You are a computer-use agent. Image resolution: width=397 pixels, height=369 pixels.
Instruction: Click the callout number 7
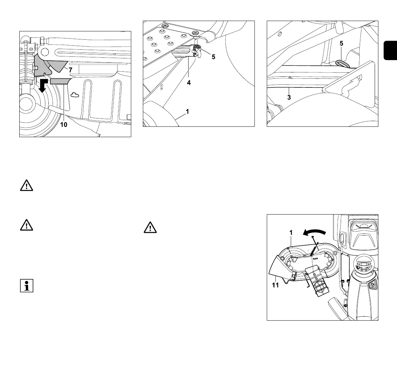(70, 70)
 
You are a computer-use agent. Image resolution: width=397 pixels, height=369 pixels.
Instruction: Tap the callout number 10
(64, 124)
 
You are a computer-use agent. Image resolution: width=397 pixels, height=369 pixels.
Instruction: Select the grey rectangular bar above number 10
(59, 81)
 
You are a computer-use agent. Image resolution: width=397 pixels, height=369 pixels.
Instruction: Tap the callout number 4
(189, 82)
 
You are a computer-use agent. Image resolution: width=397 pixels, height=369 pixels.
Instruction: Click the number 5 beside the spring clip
(213, 57)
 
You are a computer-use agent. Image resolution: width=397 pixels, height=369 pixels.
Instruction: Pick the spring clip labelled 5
(197, 50)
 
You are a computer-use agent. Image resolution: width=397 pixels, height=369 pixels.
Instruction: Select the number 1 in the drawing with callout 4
(188, 112)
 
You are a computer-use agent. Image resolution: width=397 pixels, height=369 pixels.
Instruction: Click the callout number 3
(289, 97)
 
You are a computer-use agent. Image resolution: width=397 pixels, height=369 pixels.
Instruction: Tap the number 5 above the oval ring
(341, 43)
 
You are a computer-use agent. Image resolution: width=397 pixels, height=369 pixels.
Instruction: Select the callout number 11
(275, 286)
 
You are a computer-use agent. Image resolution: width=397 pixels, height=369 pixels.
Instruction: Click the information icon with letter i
(27, 286)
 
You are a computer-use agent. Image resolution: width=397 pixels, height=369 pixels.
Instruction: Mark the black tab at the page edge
(390, 50)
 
